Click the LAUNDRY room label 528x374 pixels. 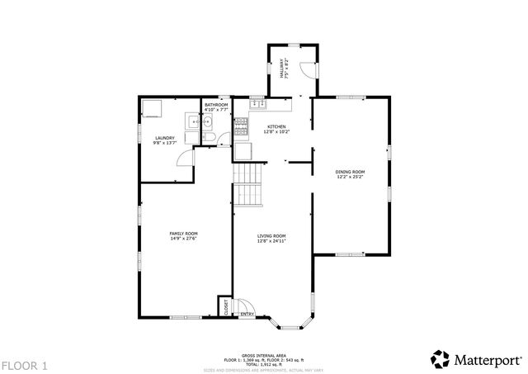(x=164, y=138)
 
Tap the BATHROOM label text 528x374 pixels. (x=216, y=105)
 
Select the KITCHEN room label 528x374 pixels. (x=276, y=126)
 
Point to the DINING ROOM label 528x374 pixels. (x=350, y=171)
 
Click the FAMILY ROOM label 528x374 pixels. (x=183, y=234)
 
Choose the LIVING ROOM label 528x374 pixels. (x=271, y=236)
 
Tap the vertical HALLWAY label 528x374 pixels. (x=282, y=69)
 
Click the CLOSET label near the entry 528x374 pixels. (x=226, y=305)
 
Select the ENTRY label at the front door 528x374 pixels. (x=246, y=314)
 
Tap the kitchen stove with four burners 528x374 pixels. (x=242, y=126)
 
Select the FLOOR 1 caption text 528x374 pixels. (x=25, y=364)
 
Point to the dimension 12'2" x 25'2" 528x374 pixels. (x=350, y=176)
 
